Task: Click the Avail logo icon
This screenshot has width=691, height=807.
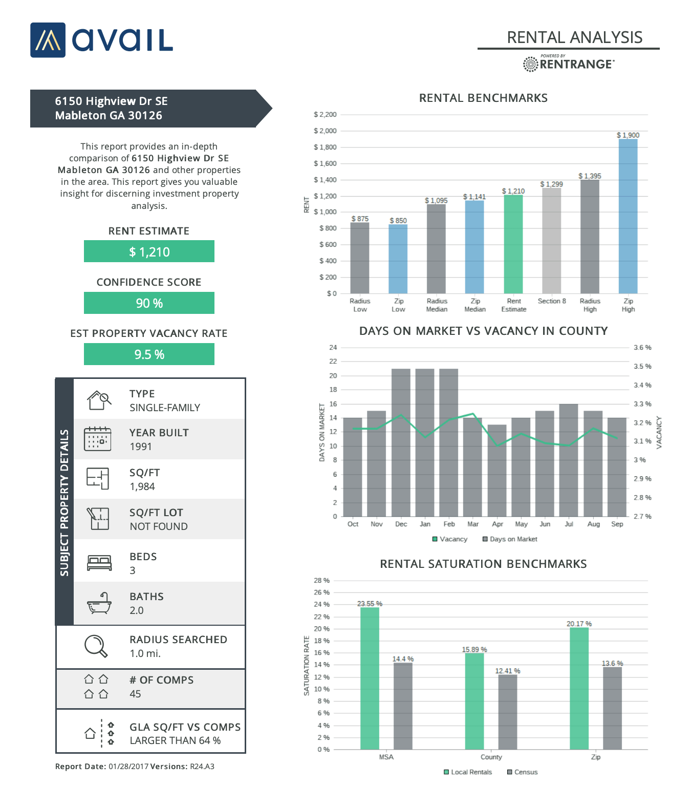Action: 48,40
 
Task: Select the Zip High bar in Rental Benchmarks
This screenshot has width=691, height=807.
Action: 628,216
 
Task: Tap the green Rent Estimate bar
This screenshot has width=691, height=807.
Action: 513,244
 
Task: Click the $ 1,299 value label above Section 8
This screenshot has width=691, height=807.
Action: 551,184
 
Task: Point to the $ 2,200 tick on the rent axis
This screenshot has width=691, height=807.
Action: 325,115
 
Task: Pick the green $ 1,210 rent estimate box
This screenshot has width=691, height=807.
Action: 149,251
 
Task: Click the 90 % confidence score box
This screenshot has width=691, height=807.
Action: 149,303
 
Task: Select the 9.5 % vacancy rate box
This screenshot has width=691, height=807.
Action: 149,354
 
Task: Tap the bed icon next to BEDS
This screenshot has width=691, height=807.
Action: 99,563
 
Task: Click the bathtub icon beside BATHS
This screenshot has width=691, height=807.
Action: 99,603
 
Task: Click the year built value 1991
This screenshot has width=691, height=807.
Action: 141,447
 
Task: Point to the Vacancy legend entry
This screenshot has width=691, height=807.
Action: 450,539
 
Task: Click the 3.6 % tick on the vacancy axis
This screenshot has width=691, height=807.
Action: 642,348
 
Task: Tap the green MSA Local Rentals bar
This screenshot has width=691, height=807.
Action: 370,678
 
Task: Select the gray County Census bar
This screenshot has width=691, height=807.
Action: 507,712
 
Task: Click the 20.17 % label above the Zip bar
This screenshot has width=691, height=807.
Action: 579,624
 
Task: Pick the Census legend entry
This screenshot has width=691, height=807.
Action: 523,772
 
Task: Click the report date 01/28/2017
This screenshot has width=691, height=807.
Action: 128,767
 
